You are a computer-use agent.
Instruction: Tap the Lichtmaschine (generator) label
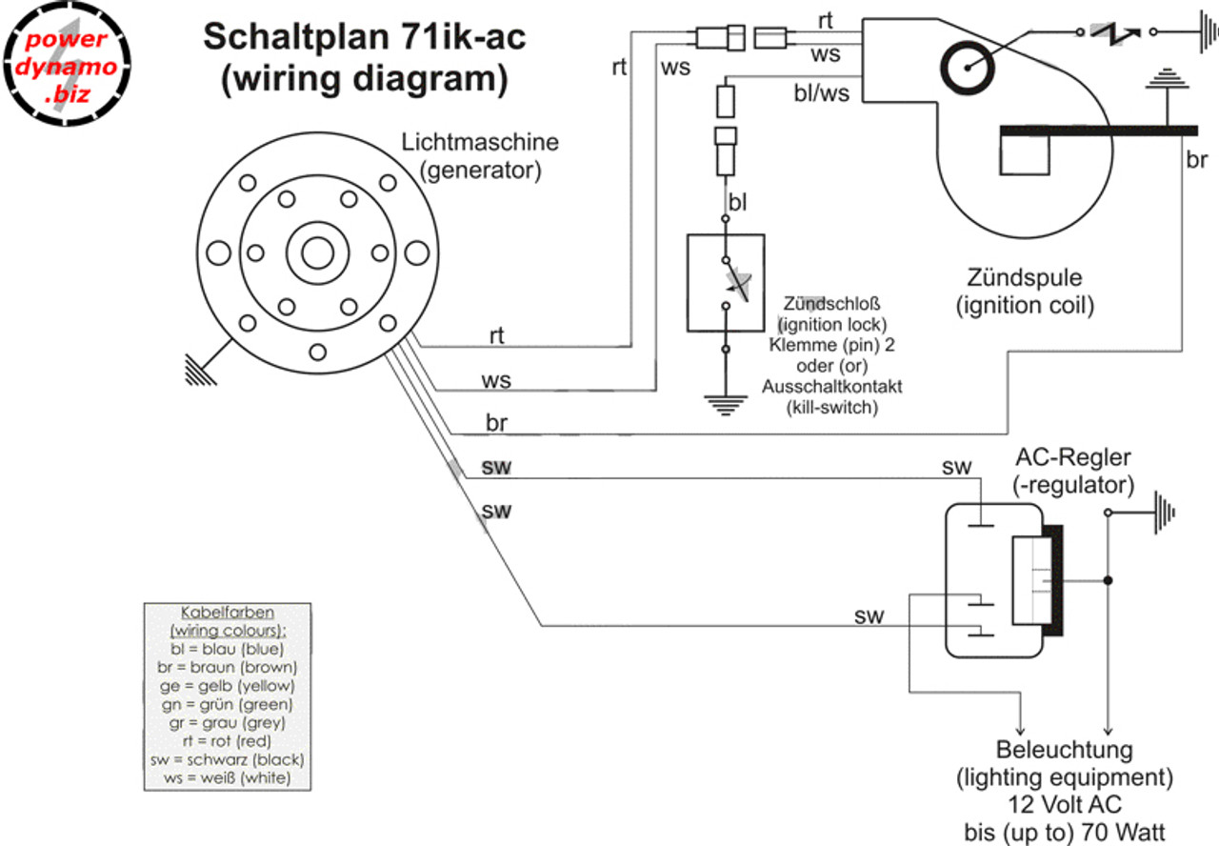tap(480, 157)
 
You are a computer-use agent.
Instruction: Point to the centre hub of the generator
tap(318, 253)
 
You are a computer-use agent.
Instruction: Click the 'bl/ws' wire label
tap(821, 93)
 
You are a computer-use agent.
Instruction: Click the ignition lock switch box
tap(726, 282)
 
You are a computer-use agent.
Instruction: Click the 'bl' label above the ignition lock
tap(738, 202)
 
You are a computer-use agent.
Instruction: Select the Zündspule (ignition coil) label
tap(1025, 292)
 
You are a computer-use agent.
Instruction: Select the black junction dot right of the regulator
tap(1108, 580)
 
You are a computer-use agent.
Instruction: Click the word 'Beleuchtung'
tap(1065, 749)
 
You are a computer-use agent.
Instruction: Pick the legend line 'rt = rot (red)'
tap(227, 740)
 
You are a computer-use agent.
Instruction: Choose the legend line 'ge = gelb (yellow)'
tap(227, 685)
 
